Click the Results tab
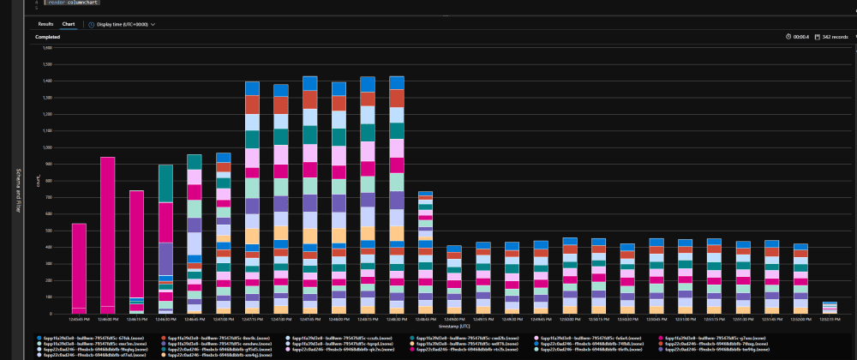coord(45,24)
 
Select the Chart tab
coord(69,24)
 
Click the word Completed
coord(47,38)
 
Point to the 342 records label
coord(834,37)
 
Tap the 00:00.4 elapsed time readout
coord(801,37)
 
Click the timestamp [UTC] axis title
coord(454,327)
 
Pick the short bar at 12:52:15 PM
coord(830,307)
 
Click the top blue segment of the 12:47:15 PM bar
coord(252,87)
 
